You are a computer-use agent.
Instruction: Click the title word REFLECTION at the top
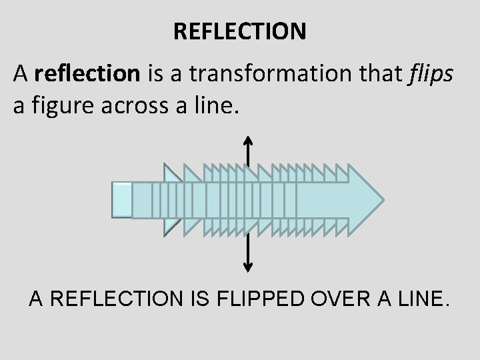(x=239, y=31)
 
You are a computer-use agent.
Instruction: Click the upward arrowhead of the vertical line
(x=248, y=140)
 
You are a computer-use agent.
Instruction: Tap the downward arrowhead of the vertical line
(x=248, y=268)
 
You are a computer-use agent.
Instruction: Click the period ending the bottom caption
(x=447, y=305)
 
